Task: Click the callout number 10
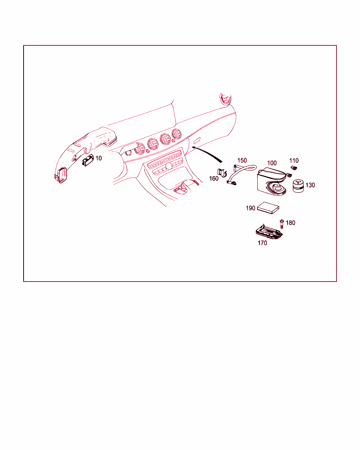98,158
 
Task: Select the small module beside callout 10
88,160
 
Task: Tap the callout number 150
242,160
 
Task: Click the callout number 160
214,178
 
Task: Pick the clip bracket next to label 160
222,173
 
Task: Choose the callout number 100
272,163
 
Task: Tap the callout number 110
294,161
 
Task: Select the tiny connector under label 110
294,167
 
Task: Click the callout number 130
310,185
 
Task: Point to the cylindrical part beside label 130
298,186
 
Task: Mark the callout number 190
250,208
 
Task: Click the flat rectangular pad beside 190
268,208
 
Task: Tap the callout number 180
290,223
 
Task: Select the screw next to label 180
282,224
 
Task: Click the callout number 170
262,243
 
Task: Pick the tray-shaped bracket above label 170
269,232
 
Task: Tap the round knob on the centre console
169,166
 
